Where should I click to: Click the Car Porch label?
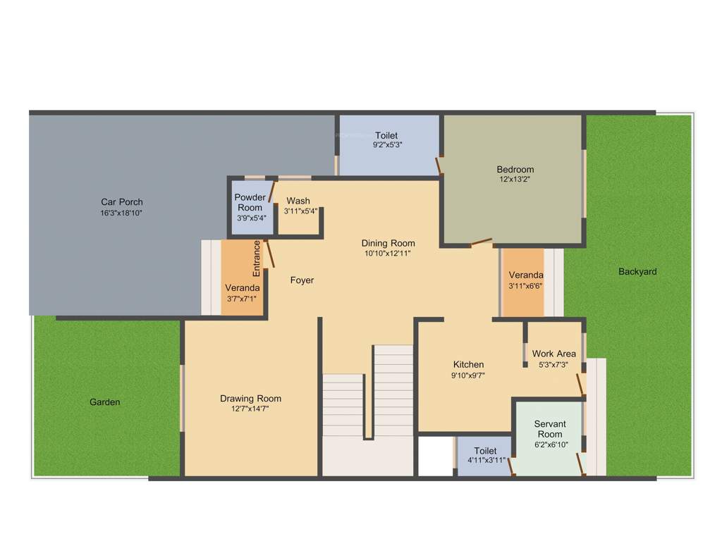(121, 202)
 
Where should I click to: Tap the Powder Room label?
(250, 202)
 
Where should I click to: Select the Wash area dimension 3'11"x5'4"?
(300, 211)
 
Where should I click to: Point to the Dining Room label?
(387, 244)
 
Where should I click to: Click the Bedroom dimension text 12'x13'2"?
(515, 179)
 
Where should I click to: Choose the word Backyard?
(637, 272)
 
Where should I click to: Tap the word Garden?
(104, 402)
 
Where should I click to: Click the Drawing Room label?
(250, 399)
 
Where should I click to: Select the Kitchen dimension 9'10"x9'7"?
(468, 375)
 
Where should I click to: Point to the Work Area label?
(553, 354)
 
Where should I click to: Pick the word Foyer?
(302, 280)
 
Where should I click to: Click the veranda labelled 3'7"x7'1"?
(242, 293)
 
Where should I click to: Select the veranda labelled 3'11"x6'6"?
(525, 280)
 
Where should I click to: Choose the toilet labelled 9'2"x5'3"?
(386, 139)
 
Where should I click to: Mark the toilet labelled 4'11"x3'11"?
(485, 455)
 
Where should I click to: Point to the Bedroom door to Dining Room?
(482, 242)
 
